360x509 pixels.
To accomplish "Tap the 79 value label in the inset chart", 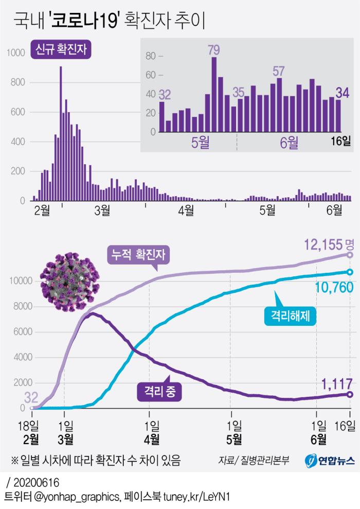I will pos(214,50).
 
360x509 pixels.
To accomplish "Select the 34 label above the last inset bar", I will pos(342,93).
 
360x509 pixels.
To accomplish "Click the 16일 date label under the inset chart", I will pos(339,141).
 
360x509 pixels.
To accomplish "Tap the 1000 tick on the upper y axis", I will pos(15,52).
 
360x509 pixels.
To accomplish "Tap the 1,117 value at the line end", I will pos(337,383).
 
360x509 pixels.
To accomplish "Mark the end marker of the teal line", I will pos(350,272).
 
